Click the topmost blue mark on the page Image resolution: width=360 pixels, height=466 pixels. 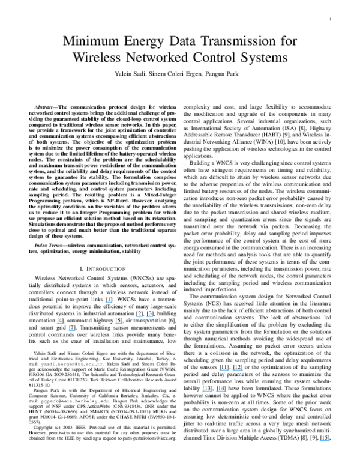tap(109, 302)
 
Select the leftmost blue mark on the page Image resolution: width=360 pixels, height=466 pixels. tap(59, 323)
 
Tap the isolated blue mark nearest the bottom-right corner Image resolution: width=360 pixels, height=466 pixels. tap(325, 440)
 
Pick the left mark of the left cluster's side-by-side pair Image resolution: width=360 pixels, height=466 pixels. tap(139, 316)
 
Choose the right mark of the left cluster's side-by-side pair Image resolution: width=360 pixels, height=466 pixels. tap(149, 316)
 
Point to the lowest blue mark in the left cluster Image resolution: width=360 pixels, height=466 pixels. tap(72, 330)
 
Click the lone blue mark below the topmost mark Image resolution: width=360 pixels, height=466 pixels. tap(119, 323)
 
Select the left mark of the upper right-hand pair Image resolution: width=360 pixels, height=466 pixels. tap(224, 370)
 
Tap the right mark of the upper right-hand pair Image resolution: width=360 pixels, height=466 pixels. tap(238, 370)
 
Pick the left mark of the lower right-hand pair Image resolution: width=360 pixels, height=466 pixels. tap(207, 391)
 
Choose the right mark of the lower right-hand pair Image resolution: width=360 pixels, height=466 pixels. tap(221, 391)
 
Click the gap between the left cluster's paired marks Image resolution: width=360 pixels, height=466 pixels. tap(145, 316)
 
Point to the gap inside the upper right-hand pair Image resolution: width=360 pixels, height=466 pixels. tap(231, 370)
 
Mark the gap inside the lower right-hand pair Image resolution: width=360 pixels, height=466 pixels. tap(214, 391)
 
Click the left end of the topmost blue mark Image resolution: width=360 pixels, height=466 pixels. tap(106, 302)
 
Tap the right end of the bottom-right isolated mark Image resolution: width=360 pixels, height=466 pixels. tap(329, 440)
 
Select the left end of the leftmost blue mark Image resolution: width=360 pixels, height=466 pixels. tap(56, 323)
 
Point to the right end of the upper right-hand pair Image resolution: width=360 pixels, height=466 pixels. tap(243, 370)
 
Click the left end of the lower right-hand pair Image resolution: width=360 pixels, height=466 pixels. tap(203, 391)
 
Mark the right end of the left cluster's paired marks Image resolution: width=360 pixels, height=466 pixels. tap(153, 316)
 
